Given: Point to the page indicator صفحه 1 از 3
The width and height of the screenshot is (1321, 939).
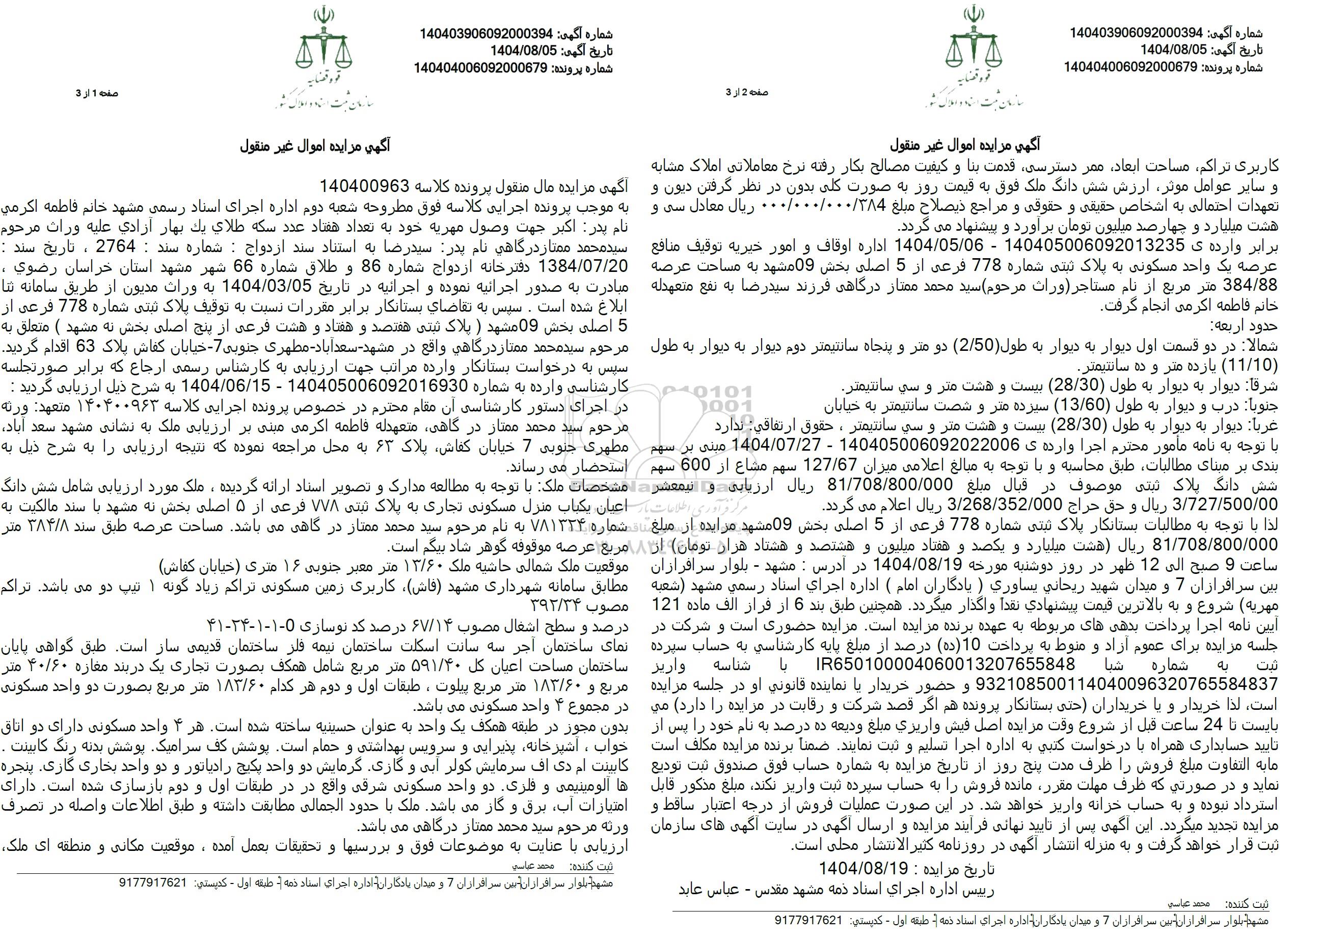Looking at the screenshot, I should (x=98, y=94).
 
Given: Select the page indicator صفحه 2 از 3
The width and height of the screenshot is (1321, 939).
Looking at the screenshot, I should (x=747, y=93).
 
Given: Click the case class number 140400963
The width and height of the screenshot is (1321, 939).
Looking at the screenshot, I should (x=365, y=186).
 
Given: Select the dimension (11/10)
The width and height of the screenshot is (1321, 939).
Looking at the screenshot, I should (x=1252, y=367).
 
